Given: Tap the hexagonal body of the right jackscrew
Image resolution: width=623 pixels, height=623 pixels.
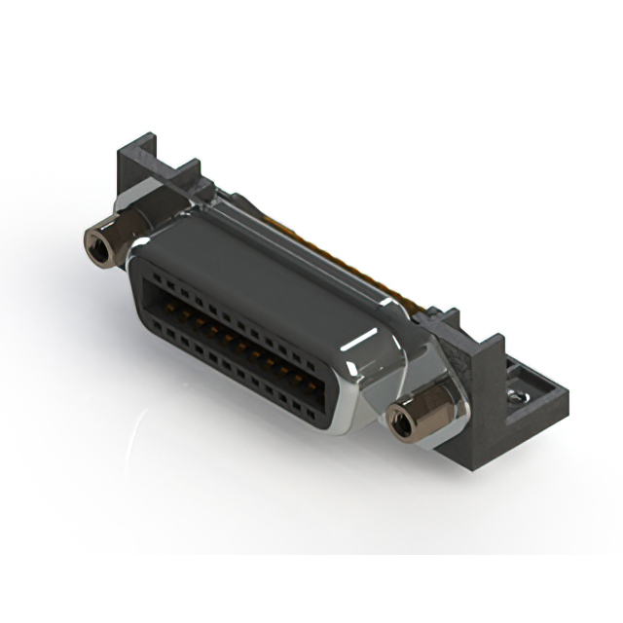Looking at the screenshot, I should [x=414, y=417].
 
